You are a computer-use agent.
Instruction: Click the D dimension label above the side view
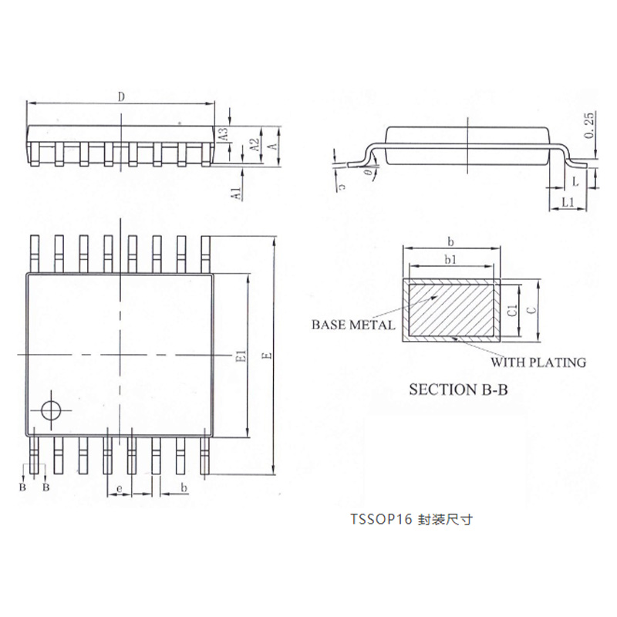121,97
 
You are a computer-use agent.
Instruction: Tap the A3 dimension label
224,133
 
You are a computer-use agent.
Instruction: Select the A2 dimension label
255,144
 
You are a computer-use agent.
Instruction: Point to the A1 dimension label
237,194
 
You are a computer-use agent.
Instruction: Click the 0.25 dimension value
589,125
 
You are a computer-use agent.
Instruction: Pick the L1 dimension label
568,202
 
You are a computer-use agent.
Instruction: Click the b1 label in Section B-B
451,260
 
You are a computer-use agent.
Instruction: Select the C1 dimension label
512,311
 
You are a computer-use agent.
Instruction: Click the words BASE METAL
353,325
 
